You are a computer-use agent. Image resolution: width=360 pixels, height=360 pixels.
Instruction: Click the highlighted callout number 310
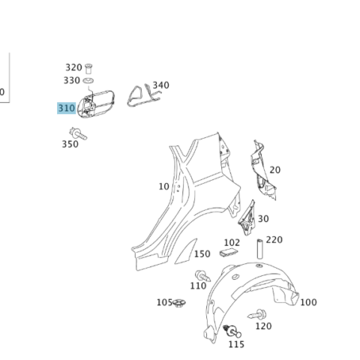coord(67,108)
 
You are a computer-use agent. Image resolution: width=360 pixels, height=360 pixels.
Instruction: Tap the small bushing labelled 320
coord(88,69)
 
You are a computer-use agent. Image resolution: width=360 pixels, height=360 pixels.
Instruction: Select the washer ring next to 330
coord(88,81)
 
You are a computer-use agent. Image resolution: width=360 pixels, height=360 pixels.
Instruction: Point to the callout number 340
coord(161,85)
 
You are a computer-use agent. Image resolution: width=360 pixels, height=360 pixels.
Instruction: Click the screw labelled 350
coord(78,133)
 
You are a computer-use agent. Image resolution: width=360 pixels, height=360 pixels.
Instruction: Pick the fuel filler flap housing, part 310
coord(95,104)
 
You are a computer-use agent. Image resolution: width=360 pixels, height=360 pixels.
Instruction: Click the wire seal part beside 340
coord(143,96)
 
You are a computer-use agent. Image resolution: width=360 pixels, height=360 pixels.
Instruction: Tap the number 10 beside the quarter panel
coord(164,187)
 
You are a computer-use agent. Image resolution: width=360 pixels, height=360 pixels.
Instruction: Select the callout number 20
coord(275,170)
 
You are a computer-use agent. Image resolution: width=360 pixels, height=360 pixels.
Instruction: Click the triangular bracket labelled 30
coord(247,218)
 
